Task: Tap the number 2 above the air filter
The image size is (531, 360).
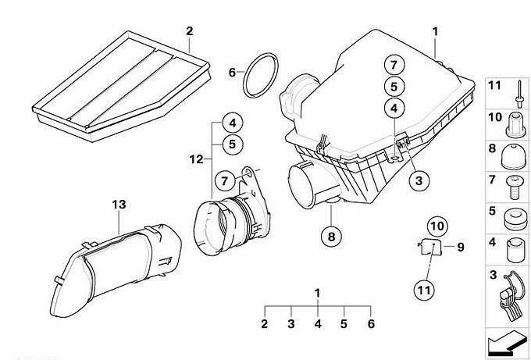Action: click(x=189, y=31)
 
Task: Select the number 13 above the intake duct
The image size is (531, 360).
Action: click(x=119, y=205)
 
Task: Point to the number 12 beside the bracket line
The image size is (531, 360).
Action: click(x=196, y=159)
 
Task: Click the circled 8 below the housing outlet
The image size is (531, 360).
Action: click(x=331, y=237)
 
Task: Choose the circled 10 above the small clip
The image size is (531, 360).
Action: click(x=437, y=226)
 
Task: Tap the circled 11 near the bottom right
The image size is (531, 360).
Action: click(x=424, y=290)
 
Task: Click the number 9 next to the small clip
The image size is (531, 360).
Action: click(x=461, y=247)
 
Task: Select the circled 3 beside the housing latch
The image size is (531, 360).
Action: click(x=419, y=180)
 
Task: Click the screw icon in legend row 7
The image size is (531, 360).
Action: click(x=515, y=187)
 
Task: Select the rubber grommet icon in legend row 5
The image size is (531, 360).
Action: click(x=515, y=219)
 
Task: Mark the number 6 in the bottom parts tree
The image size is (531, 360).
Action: click(x=371, y=324)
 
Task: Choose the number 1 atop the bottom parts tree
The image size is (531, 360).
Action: click(x=317, y=294)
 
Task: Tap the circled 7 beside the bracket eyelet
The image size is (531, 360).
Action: click(x=225, y=180)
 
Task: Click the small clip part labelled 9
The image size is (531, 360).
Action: click(x=430, y=247)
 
